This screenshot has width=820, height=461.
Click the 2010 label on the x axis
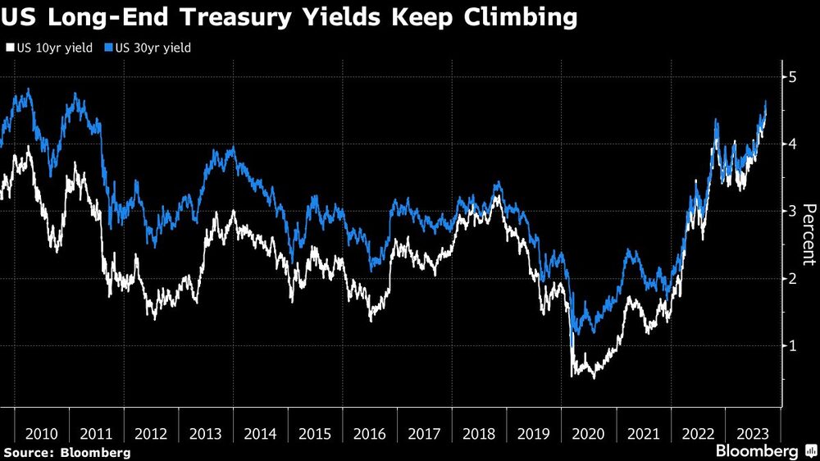point(41,433)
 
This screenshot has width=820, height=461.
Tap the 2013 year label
point(205,433)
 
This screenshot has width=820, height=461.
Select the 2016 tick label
point(370,433)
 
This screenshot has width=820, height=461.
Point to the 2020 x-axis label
point(589,433)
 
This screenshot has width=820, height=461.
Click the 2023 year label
point(753,433)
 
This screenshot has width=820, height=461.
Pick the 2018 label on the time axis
point(479,433)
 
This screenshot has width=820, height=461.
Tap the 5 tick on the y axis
point(791,76)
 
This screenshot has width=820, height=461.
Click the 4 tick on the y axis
point(791,144)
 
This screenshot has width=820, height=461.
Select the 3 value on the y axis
point(791,211)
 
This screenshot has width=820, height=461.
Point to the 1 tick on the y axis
point(791,345)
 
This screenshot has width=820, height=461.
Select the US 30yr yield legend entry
point(148,48)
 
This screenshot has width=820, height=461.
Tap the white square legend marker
point(8,48)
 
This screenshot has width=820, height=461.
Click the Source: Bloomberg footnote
point(66,452)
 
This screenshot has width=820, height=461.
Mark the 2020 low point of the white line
point(593,378)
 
